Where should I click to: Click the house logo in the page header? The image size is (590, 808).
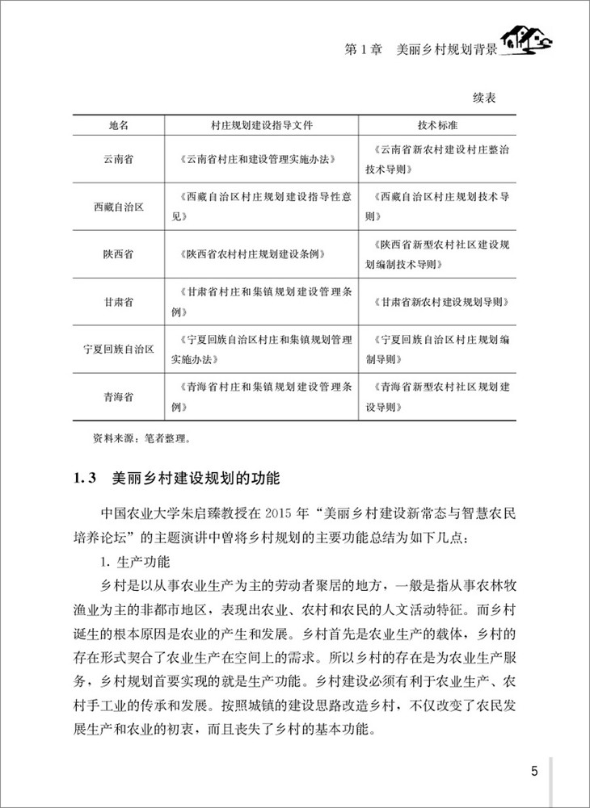coord(526,40)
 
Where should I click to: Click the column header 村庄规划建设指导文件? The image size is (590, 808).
coord(261,126)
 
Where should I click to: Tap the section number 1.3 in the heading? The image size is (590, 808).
coord(85,479)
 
